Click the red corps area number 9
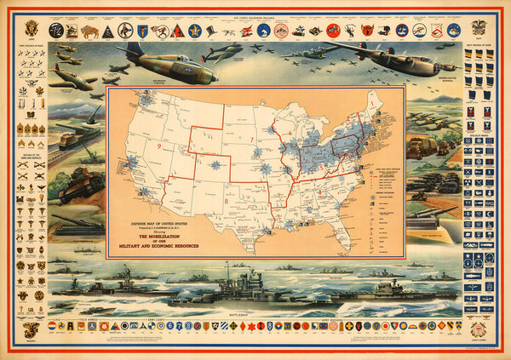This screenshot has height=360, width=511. pos(159,146)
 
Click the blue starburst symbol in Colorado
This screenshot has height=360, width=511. pos(211,163)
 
